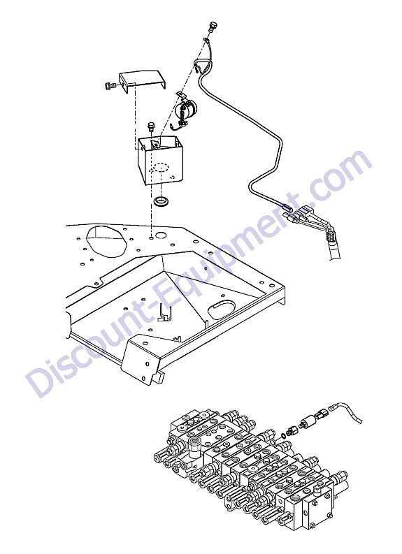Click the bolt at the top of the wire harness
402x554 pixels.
[213, 27]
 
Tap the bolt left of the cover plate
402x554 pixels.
[109, 85]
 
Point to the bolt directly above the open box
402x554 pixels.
[152, 126]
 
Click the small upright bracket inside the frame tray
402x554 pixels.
[164, 313]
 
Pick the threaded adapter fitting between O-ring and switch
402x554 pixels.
[292, 430]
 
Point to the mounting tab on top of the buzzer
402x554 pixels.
[180, 94]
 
